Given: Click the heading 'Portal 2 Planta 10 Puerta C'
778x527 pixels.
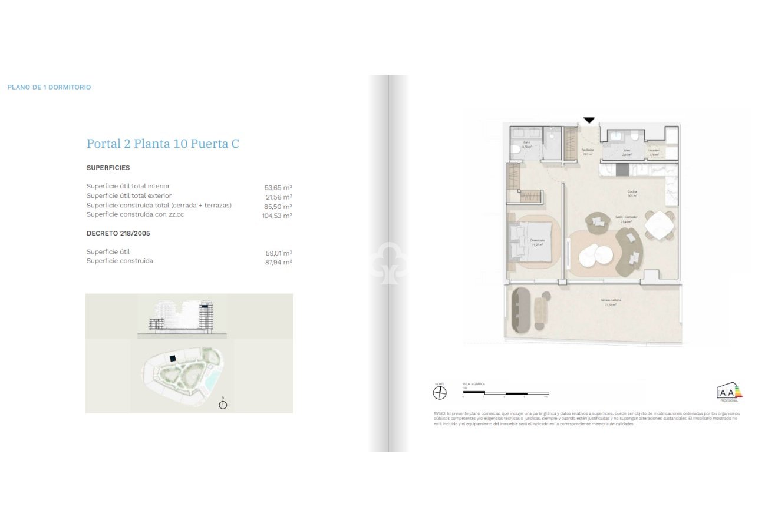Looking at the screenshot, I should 163,144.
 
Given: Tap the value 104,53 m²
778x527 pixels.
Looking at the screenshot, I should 277,216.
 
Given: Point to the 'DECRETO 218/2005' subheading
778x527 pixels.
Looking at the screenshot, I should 118,233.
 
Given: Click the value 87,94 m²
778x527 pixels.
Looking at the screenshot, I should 278,262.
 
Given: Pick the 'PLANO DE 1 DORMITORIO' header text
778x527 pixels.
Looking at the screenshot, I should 49,87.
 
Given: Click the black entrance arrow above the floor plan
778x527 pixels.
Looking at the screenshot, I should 589,120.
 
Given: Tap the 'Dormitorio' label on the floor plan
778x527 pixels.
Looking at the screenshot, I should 537,240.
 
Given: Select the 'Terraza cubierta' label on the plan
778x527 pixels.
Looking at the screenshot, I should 611,300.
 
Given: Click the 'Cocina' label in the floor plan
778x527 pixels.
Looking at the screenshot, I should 632,191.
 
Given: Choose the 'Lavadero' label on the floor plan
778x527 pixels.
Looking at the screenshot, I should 654,150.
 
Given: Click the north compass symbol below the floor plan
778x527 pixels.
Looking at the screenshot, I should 440,393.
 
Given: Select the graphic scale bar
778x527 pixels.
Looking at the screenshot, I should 506,393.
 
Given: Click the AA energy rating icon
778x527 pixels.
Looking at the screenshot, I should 728,392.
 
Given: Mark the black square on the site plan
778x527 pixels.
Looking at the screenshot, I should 173,358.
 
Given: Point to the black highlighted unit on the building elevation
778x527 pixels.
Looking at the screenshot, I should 205,306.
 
